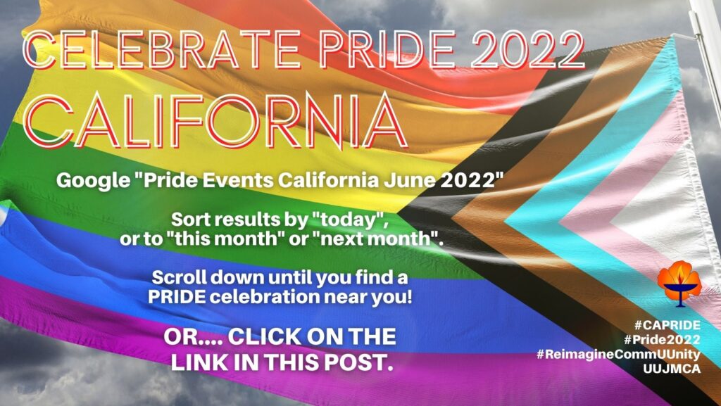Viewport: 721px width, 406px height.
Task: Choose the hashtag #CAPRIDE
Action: [667, 326]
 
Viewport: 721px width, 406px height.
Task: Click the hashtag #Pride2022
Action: [662, 340]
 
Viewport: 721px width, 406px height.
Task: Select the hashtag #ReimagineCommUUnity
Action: [618, 355]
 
